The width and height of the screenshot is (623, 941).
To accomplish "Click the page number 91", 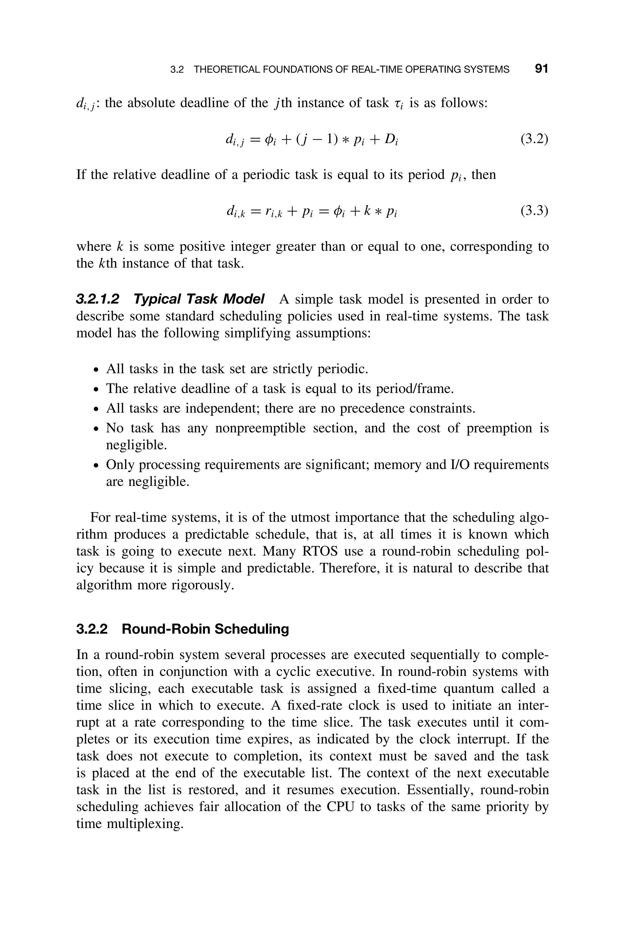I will tap(541, 69).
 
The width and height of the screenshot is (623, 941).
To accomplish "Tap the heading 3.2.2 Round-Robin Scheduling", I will tap(183, 629).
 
